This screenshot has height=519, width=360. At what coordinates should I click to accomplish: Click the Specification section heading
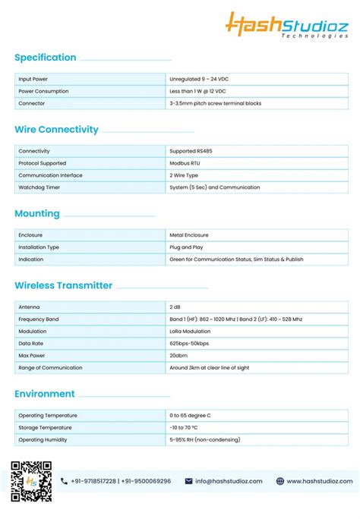pyautogui.click(x=46, y=58)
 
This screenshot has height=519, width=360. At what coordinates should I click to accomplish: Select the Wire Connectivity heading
pyautogui.click(x=57, y=130)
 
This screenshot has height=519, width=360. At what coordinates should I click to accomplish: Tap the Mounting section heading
pyautogui.click(x=37, y=214)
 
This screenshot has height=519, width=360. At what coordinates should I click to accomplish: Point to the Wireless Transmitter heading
pyautogui.click(x=64, y=286)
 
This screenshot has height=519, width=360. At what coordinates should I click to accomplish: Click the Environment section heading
pyautogui.click(x=45, y=394)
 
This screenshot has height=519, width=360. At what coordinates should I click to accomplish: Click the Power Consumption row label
pyautogui.click(x=43, y=91)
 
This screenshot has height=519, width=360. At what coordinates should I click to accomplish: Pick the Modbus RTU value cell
pyautogui.click(x=185, y=163)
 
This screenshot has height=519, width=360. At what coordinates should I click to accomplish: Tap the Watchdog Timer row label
pyautogui.click(x=39, y=187)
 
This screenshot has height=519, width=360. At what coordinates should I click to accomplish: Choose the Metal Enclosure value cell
pyautogui.click(x=189, y=235)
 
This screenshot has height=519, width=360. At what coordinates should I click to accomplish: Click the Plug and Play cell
pyautogui.click(x=187, y=247)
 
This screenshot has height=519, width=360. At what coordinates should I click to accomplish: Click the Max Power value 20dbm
pyautogui.click(x=178, y=356)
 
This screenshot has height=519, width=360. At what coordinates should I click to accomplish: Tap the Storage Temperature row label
pyautogui.click(x=45, y=428)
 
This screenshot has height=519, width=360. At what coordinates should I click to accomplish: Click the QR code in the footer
pyautogui.click(x=31, y=481)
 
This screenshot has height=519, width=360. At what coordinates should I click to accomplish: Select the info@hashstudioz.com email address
pyautogui.click(x=229, y=481)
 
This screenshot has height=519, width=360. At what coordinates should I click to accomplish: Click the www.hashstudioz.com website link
pyautogui.click(x=319, y=481)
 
